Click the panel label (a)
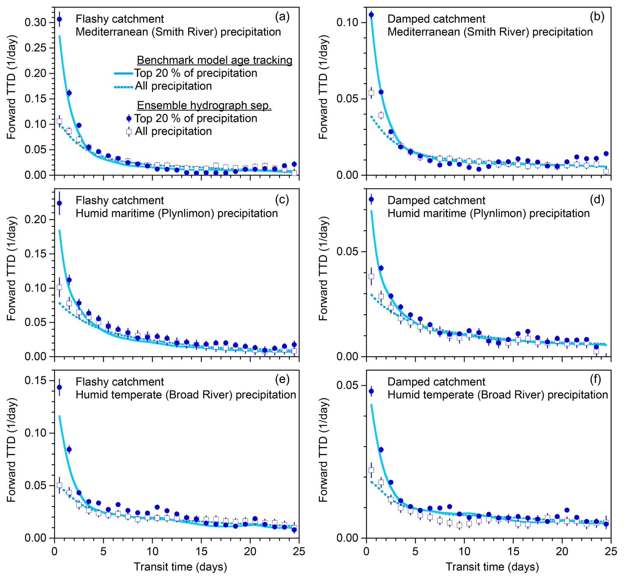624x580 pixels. (282, 17)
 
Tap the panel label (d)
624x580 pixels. (597, 199)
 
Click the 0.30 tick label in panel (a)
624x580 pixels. (35, 23)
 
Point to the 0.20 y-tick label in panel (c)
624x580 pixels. (35, 219)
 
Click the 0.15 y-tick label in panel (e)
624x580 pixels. (35, 380)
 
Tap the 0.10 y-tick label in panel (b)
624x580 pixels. (347, 23)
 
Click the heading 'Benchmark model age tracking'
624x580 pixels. (214, 60)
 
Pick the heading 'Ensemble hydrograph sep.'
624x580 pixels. (204, 105)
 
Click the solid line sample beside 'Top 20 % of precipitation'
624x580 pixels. (123, 73)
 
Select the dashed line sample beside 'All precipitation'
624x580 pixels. (123, 87)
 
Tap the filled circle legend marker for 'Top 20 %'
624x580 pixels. (129, 119)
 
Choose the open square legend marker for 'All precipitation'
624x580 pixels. (129, 131)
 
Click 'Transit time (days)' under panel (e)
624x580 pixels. (180, 566)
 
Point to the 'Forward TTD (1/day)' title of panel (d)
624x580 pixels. (323, 268)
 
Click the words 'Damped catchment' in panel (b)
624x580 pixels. (436, 19)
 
